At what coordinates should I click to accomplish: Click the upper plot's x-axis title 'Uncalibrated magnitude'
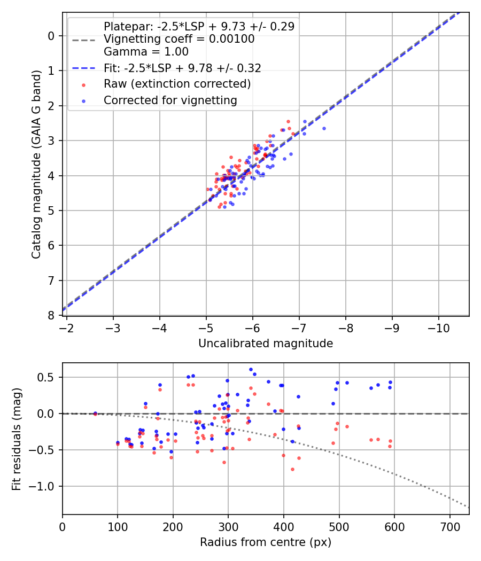(266, 344)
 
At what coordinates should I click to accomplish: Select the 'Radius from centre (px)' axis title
(266, 542)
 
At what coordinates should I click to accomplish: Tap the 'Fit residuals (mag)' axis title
(17, 439)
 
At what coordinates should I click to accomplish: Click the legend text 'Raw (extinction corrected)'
(177, 84)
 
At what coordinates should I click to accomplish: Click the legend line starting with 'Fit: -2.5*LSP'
(182, 68)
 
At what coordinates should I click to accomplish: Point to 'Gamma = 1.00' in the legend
(146, 52)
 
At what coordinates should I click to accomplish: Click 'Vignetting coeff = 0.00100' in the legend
(179, 39)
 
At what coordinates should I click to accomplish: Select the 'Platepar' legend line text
(199, 26)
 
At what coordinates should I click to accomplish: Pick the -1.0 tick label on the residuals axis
(45, 486)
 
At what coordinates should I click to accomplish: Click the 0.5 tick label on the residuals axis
(48, 377)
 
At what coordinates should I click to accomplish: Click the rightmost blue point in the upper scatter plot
(323, 128)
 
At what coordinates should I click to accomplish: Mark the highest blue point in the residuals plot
(251, 369)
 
